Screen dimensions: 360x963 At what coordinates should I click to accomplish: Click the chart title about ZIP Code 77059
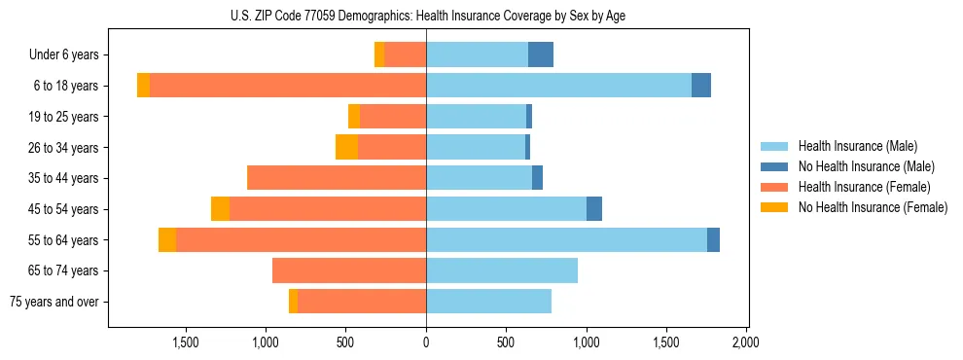click(x=426, y=15)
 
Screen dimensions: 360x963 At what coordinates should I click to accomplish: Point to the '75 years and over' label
click(x=54, y=302)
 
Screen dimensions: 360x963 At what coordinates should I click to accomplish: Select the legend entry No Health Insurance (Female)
click(x=873, y=207)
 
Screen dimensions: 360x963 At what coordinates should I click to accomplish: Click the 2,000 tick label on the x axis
click(x=745, y=342)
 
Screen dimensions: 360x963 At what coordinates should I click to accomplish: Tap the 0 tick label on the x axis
click(x=426, y=342)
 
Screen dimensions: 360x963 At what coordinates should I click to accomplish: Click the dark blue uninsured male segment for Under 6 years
click(x=541, y=54)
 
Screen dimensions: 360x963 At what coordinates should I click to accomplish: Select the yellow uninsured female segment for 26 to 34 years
click(x=346, y=147)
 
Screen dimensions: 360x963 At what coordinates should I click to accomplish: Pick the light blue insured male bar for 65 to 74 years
click(x=502, y=270)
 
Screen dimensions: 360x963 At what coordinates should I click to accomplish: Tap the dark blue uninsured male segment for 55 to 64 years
click(x=713, y=239)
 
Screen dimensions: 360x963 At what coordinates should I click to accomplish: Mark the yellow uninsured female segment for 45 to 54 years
click(x=220, y=209)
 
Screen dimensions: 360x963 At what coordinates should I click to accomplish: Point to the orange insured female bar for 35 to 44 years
click(x=337, y=178)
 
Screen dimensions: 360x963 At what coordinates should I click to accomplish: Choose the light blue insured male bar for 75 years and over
click(x=488, y=302)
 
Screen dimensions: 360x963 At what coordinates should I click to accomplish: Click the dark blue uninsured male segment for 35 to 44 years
click(x=537, y=178)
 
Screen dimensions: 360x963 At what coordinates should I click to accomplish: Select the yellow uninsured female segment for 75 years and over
click(x=293, y=302)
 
